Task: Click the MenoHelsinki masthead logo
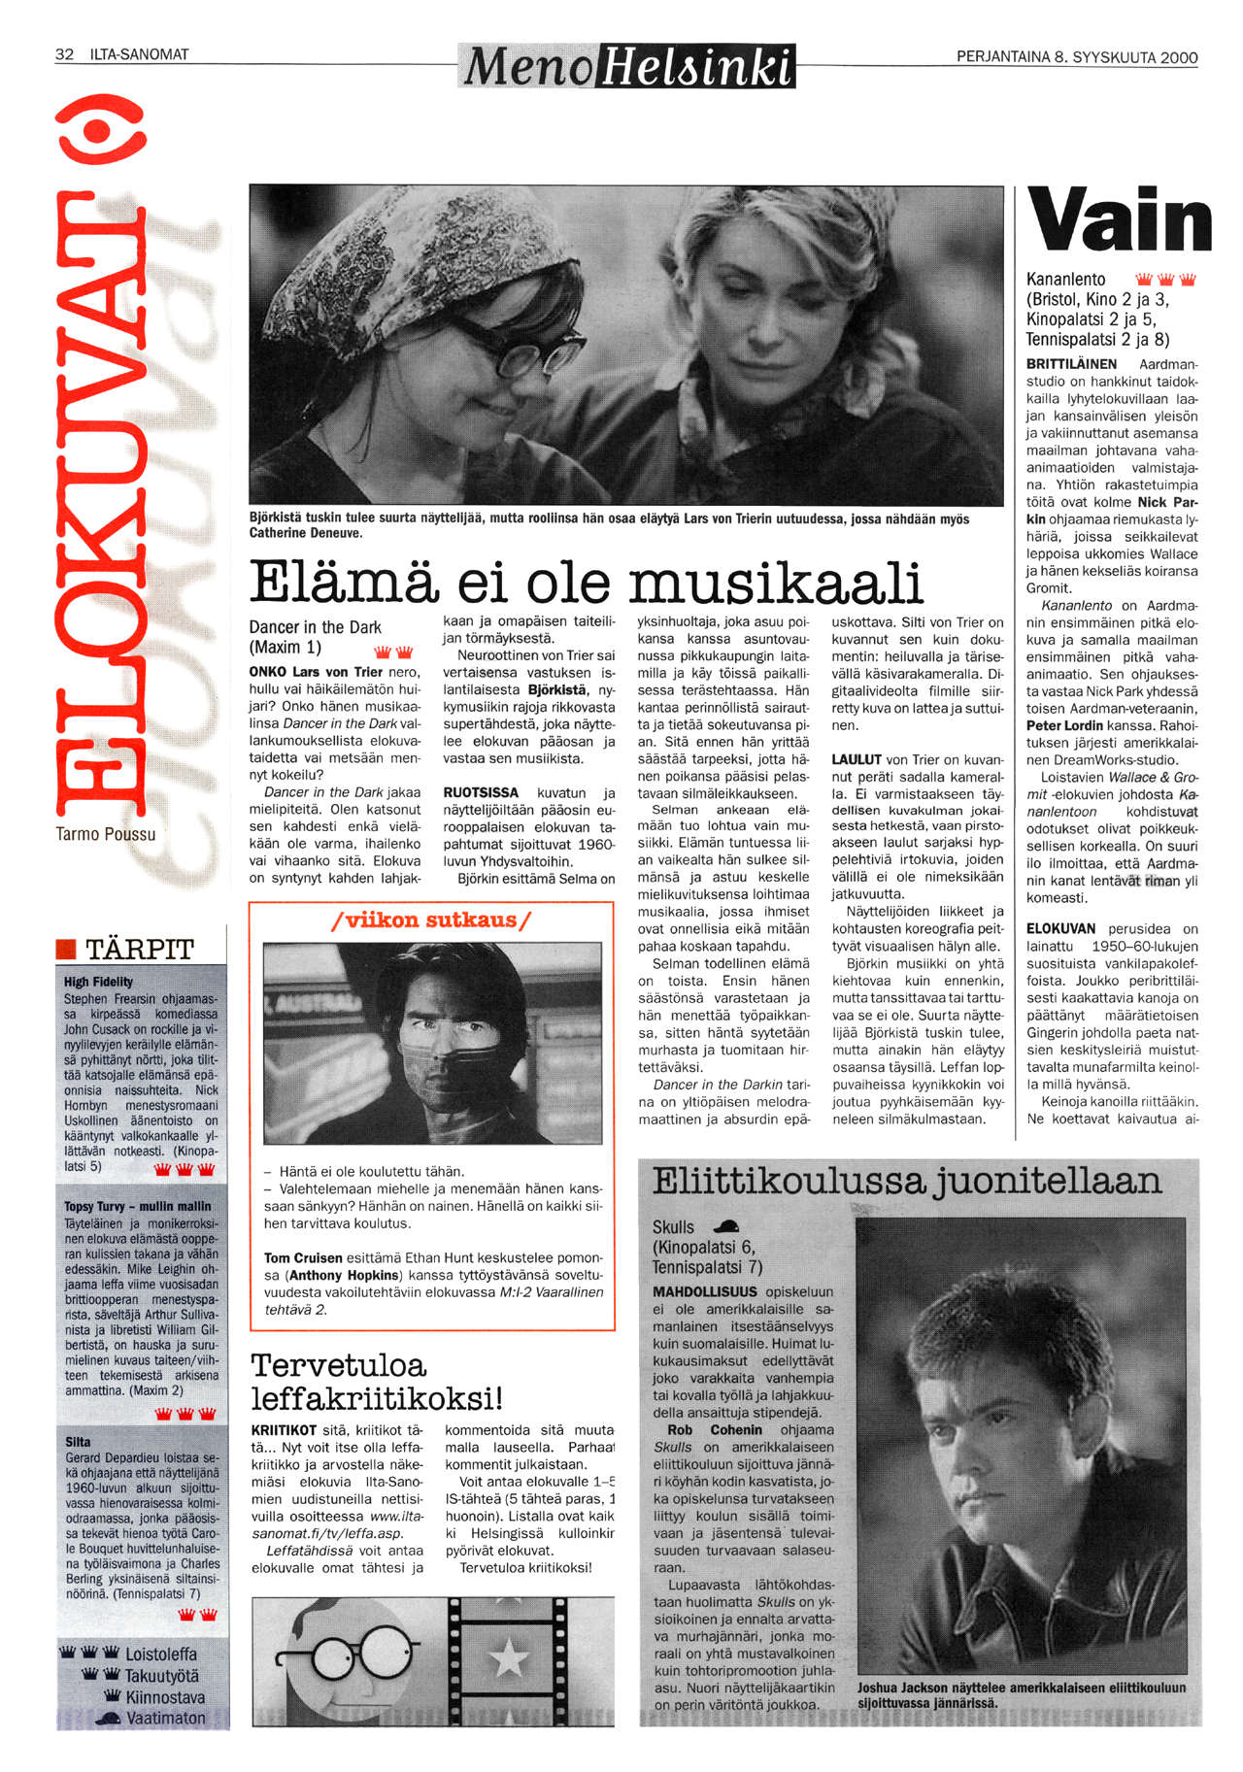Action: [x=626, y=66]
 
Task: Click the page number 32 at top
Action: [x=64, y=54]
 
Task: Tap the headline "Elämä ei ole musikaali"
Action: [x=585, y=583]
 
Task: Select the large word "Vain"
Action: [x=1120, y=220]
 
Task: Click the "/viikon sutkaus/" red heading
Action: [x=431, y=919]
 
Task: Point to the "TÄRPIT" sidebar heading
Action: [x=140, y=949]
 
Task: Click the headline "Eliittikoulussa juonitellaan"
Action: [x=906, y=1182]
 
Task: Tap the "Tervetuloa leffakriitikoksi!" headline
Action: [x=377, y=1382]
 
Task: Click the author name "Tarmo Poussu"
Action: [x=106, y=834]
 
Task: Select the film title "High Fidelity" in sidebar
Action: [x=98, y=982]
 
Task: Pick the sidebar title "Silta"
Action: [x=78, y=1442]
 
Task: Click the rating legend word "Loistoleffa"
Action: [x=161, y=1655]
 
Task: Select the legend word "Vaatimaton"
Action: [x=165, y=1718]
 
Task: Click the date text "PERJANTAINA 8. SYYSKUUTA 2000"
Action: [x=1076, y=57]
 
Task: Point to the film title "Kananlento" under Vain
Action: [x=1065, y=280]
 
